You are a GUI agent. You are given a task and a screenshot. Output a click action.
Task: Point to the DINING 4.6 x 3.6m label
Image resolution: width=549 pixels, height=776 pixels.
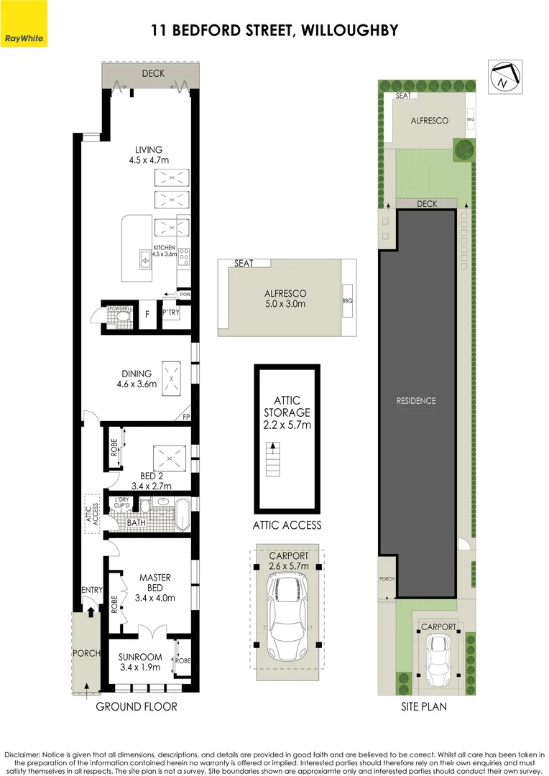click(137, 379)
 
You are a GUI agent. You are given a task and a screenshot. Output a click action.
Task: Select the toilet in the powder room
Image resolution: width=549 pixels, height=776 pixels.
click(119, 316)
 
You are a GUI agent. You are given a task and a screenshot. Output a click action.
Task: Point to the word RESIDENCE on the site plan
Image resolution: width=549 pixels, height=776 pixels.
click(416, 401)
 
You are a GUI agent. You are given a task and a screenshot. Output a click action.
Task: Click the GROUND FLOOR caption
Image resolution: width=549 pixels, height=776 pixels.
click(137, 707)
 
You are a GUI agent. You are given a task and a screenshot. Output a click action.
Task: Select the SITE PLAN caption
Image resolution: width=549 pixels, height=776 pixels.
click(424, 707)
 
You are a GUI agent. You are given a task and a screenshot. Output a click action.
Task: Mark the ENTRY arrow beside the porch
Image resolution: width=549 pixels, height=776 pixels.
click(91, 611)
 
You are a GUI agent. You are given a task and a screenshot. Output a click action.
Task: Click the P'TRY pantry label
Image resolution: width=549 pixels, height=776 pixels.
click(170, 313)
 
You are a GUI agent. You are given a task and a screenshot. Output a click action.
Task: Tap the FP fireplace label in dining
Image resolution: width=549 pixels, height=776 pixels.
click(186, 417)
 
